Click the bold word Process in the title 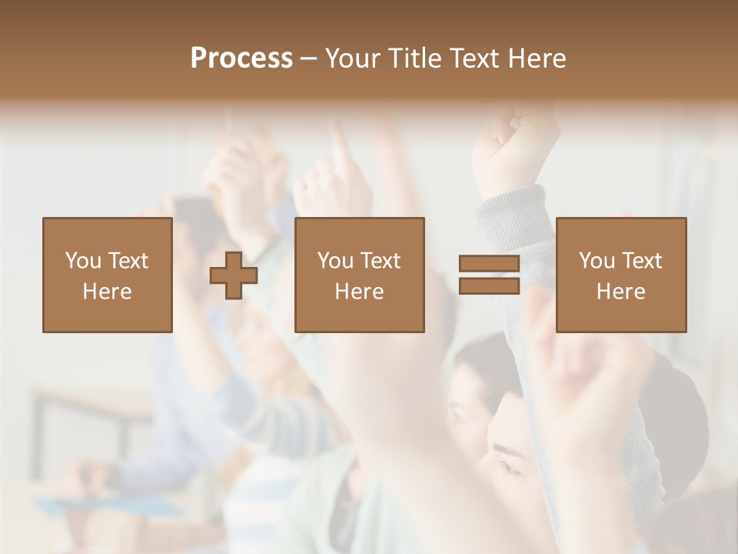click(241, 58)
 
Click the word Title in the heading click(414, 58)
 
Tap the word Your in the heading click(354, 58)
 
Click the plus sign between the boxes click(234, 275)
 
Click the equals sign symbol click(489, 275)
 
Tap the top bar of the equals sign click(489, 264)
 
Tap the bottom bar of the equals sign click(489, 286)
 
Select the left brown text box click(108, 275)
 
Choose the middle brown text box click(359, 275)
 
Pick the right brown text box click(620, 275)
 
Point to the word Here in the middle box click(359, 292)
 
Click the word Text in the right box click(642, 261)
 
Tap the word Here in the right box click(620, 292)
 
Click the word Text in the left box click(128, 261)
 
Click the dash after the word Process click(308, 59)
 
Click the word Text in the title click(471, 58)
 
